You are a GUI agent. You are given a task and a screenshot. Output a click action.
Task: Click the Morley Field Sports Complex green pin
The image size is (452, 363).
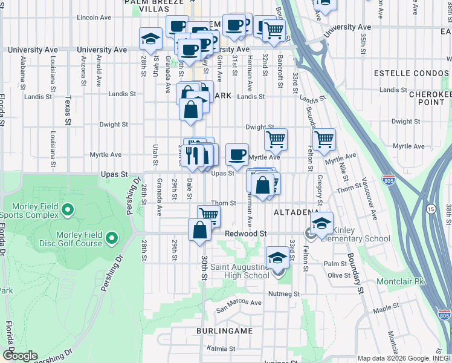67,211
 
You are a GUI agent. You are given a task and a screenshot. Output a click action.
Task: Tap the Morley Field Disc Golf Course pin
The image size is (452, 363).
111,240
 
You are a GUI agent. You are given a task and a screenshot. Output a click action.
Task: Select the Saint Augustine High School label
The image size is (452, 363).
239,271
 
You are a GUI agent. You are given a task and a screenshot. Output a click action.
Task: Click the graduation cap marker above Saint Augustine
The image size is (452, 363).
277,257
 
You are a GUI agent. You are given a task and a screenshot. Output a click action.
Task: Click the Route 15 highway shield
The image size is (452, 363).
431,209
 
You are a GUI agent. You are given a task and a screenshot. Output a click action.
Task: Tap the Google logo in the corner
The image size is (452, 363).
20,356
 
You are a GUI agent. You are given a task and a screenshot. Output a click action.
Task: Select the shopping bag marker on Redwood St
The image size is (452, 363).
199,231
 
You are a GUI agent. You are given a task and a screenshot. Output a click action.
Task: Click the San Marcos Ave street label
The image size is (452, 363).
239,303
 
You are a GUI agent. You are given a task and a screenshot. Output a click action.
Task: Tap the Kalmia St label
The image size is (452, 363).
221,349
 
